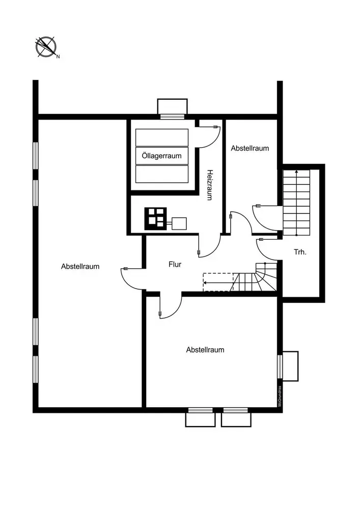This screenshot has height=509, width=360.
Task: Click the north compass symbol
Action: tap(46, 47)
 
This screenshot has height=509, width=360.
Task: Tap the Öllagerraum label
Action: tap(161, 156)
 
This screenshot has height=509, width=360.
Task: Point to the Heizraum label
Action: tap(209, 185)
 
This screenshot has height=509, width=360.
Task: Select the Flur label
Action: tap(175, 264)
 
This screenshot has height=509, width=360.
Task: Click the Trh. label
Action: tap(300, 252)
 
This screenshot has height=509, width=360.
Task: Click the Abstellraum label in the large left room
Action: tap(80, 266)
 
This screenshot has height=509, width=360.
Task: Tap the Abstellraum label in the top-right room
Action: tap(250, 149)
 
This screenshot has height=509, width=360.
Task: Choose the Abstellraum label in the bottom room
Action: tap(205, 350)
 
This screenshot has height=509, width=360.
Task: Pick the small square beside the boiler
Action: tap(179, 223)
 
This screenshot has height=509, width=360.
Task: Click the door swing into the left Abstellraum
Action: tap(131, 277)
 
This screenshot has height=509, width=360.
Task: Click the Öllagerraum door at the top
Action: tap(208, 136)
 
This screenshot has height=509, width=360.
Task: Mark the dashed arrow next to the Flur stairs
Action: tap(218, 281)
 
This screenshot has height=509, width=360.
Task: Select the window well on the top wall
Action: tap(172, 107)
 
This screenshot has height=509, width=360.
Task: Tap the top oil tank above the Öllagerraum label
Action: tap(161, 137)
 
